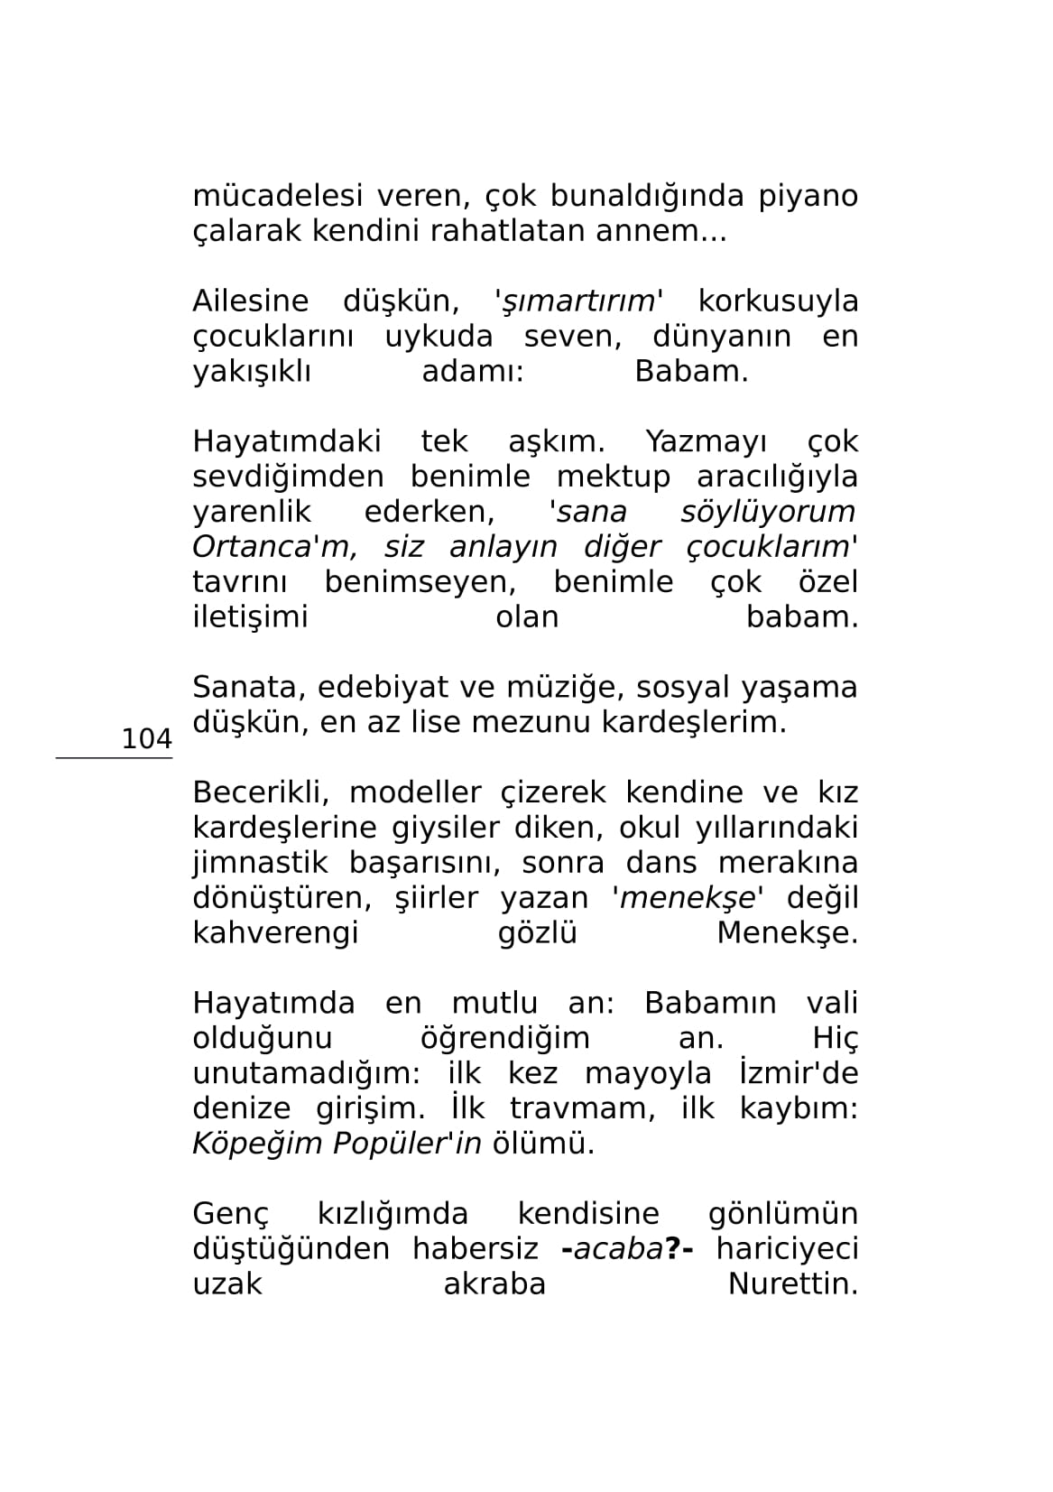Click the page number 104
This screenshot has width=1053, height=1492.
pyautogui.click(x=146, y=739)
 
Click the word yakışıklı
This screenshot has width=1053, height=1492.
pyautogui.click(x=252, y=372)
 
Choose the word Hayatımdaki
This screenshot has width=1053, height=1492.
pyautogui.click(x=286, y=442)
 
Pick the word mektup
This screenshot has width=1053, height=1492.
pyautogui.click(x=614, y=477)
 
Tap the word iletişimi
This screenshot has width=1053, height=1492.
pyautogui.click(x=250, y=617)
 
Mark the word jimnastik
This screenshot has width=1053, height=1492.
pyautogui.click(x=259, y=863)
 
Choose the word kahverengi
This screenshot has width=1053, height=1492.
pyautogui.click(x=276, y=933)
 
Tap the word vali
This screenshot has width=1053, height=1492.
pyautogui.click(x=831, y=1004)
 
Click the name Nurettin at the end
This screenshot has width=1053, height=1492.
pyautogui.click(x=792, y=1284)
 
